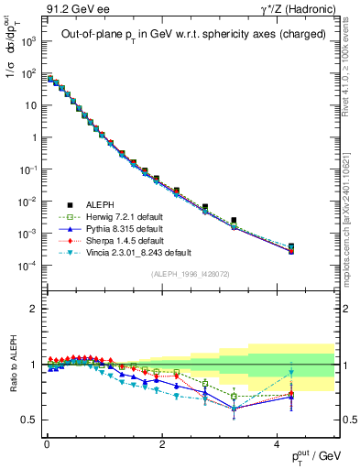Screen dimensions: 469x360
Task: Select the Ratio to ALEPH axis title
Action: point(11,365)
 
